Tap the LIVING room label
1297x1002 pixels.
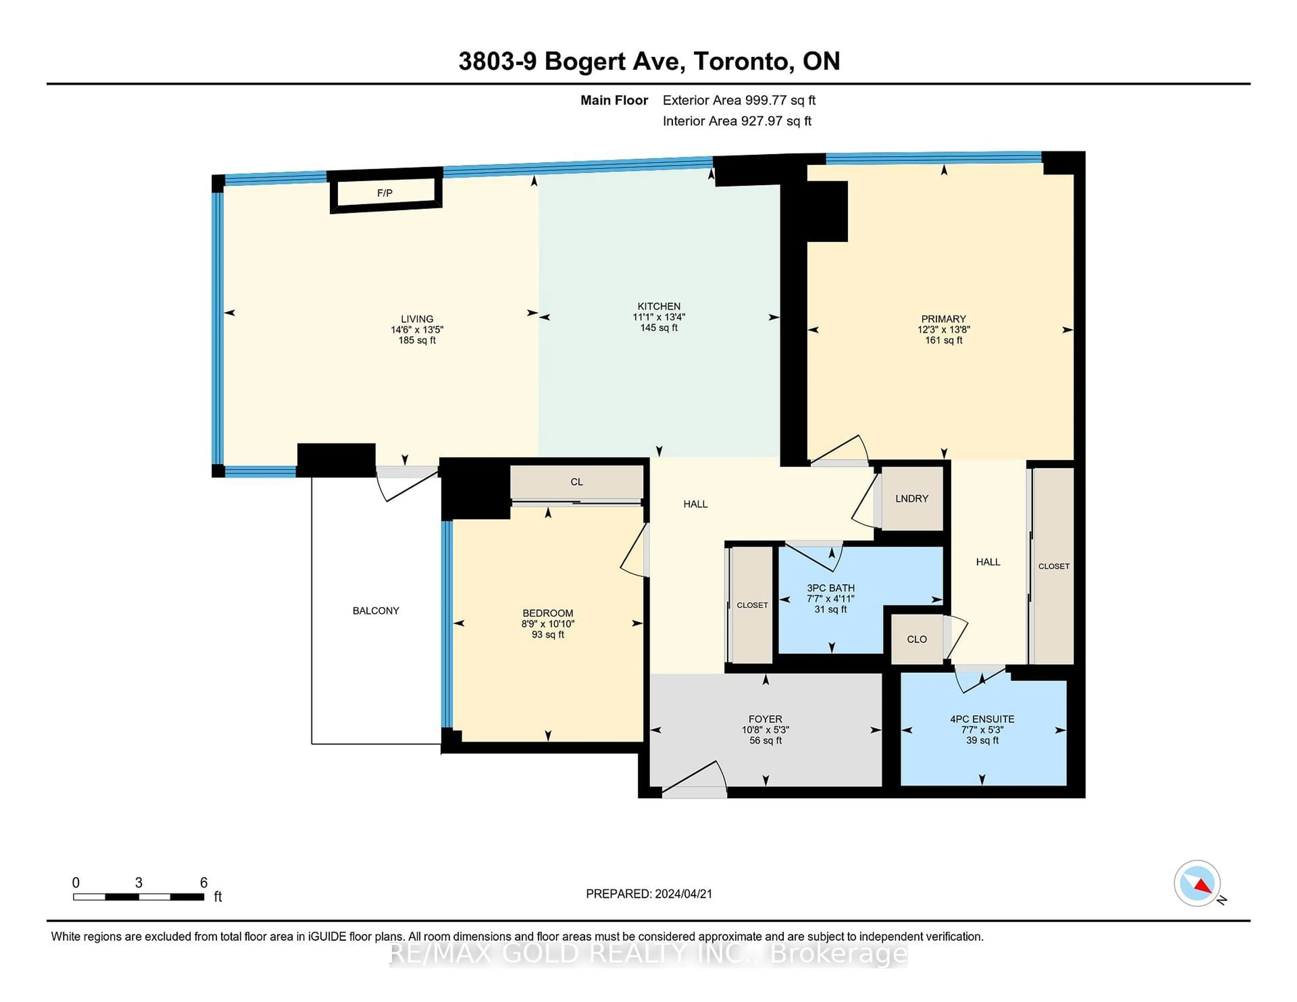[417, 319]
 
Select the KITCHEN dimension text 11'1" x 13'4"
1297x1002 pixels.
[659, 317]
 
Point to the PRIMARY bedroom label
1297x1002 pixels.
[943, 319]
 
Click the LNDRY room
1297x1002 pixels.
[912, 499]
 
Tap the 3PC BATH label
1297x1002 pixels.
[830, 588]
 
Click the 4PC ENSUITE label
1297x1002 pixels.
[982, 719]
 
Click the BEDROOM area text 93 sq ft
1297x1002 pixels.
[548, 635]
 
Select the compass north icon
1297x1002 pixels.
[1197, 883]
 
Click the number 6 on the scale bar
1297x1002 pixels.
[204, 883]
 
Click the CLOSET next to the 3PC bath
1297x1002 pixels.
[752, 605]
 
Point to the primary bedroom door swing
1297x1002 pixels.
[840, 451]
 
